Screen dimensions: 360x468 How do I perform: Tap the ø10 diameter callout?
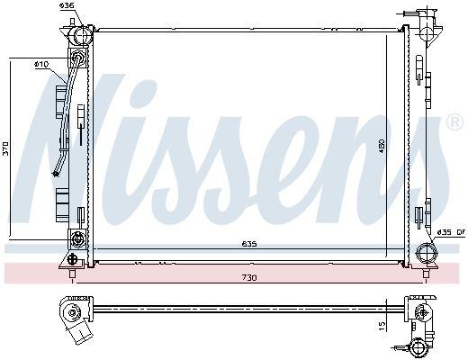[x=41, y=65]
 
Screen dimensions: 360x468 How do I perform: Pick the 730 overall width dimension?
[x=248, y=277]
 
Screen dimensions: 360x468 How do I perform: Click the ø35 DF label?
[x=450, y=233]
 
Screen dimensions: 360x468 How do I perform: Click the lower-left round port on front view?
[x=76, y=239]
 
